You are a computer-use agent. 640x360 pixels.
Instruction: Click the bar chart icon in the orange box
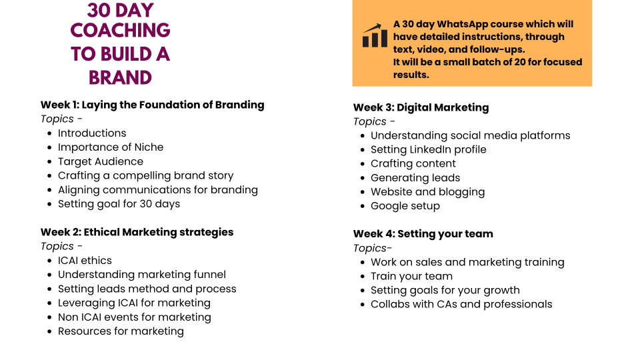[x=375, y=35]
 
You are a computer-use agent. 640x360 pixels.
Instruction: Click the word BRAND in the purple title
[x=121, y=77]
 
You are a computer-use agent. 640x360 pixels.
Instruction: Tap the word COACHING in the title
[x=121, y=30]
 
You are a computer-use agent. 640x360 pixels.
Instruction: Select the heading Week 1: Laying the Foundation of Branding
[x=152, y=105]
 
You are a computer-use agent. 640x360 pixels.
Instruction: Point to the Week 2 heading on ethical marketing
[x=137, y=232]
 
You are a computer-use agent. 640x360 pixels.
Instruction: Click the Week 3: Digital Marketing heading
[x=421, y=108]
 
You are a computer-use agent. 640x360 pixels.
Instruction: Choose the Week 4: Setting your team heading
[x=423, y=234]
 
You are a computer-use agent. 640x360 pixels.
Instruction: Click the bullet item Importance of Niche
[x=111, y=147]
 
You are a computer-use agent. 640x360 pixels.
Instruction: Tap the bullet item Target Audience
[x=101, y=161]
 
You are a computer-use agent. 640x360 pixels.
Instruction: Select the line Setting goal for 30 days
[x=119, y=204]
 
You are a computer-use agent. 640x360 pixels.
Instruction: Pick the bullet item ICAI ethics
[x=85, y=261]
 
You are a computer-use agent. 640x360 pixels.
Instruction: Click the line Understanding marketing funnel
[x=141, y=275]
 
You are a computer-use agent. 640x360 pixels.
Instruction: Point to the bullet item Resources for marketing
[x=121, y=331]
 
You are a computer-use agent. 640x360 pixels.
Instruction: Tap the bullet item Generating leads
[x=415, y=178]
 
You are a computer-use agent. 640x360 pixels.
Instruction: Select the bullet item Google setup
[x=405, y=206]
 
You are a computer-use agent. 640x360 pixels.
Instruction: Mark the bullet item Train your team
[x=411, y=276]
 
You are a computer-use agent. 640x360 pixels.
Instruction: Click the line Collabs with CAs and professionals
[x=461, y=305]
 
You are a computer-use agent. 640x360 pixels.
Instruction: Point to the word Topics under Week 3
[x=370, y=121]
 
